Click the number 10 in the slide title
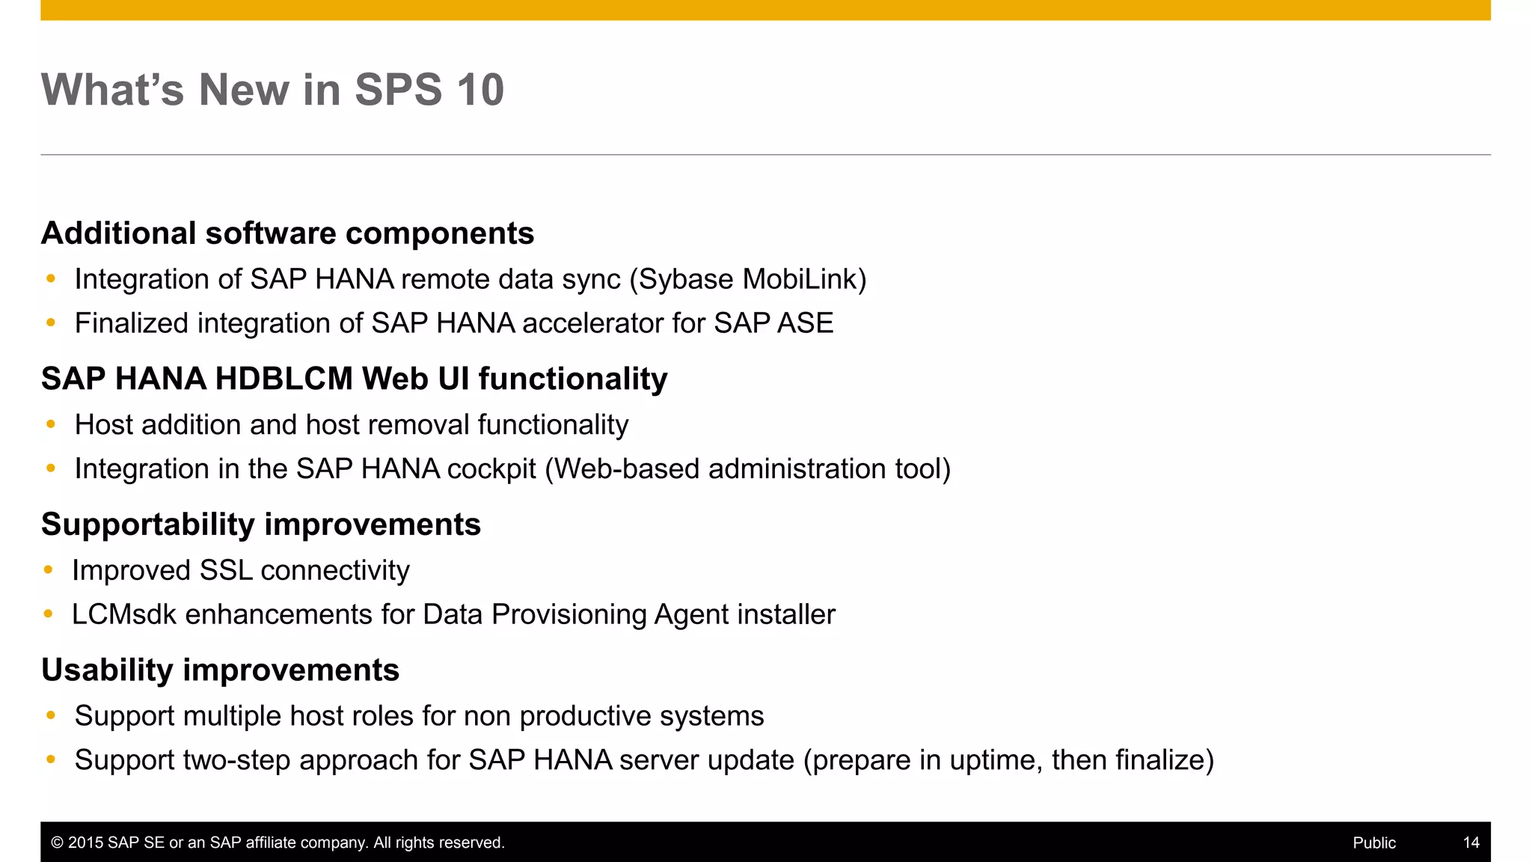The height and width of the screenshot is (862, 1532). (x=480, y=90)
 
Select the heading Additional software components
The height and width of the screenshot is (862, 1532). (x=287, y=233)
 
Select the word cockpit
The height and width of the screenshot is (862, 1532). (x=491, y=469)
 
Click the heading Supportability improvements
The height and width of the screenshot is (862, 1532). (x=260, y=525)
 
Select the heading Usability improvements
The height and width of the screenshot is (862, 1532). (x=220, y=670)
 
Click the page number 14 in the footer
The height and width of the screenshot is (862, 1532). (x=1471, y=843)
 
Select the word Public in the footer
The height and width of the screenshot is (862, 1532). (x=1373, y=843)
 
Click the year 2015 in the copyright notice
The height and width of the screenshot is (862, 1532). (x=85, y=843)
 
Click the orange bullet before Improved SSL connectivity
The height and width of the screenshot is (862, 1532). (x=49, y=570)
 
